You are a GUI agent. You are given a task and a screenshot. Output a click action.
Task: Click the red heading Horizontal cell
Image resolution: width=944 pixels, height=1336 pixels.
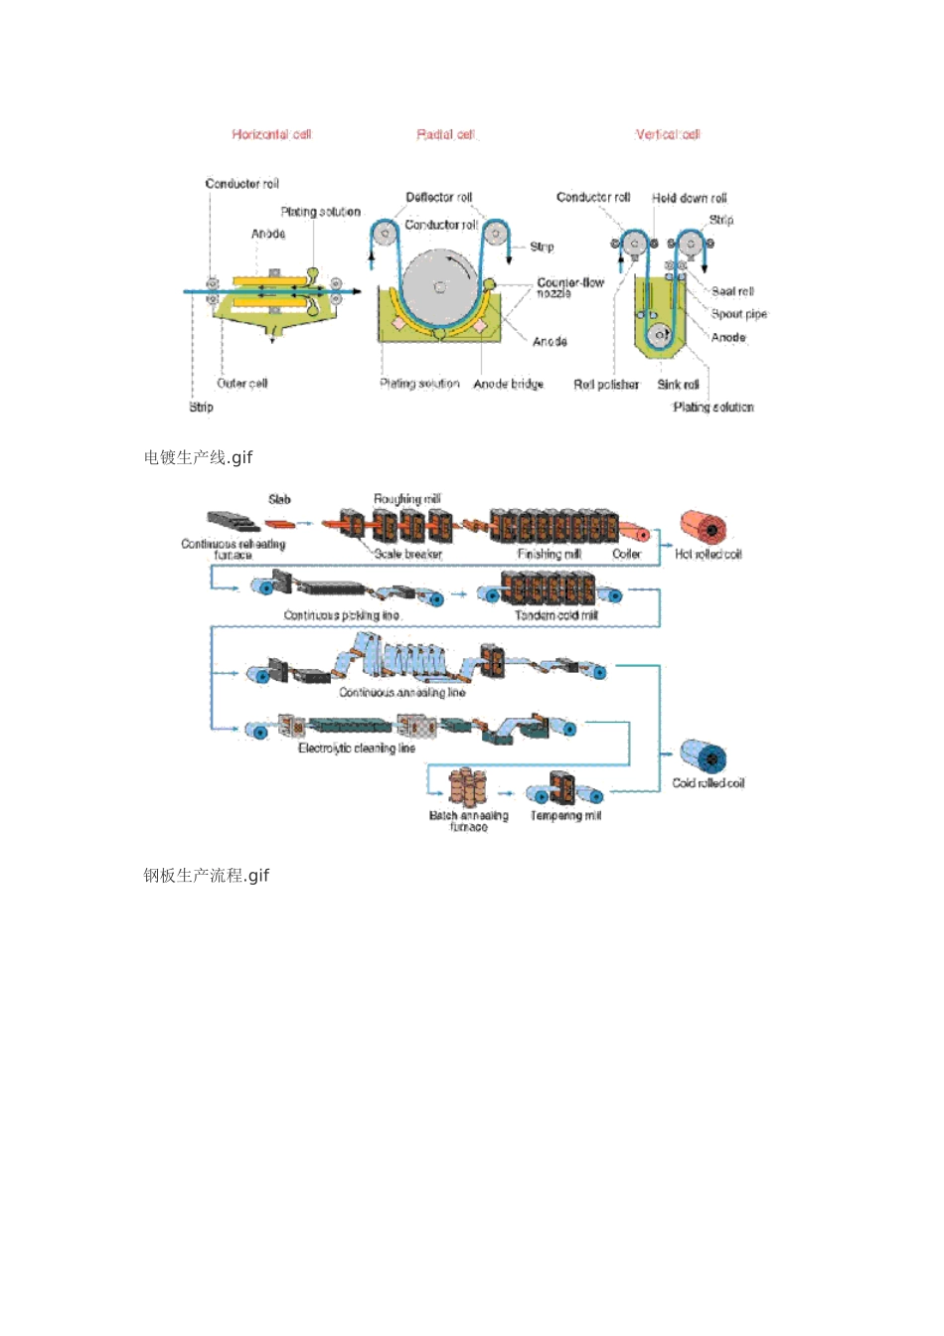click(271, 134)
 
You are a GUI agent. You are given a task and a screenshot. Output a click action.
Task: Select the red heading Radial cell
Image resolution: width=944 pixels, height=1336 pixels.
click(446, 134)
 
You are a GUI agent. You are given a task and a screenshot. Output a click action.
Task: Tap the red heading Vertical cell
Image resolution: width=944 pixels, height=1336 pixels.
click(668, 134)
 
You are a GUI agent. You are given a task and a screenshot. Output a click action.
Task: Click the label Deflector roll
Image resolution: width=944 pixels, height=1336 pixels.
click(438, 198)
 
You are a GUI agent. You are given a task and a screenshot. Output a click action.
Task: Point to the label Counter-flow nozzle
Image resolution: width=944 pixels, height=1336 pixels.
click(569, 287)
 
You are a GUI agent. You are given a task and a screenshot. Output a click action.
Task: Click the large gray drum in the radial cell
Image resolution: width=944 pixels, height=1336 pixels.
click(439, 287)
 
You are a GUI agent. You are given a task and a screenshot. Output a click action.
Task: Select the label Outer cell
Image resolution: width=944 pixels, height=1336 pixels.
click(241, 383)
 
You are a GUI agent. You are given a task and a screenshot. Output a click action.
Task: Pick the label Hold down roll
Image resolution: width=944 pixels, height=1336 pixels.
click(689, 198)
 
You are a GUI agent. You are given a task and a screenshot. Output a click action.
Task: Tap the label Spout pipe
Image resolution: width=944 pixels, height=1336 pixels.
click(738, 314)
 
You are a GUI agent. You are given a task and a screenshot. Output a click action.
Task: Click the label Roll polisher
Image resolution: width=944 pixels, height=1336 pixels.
click(606, 384)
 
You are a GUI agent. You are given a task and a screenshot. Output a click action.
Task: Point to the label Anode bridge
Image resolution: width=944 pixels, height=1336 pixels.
click(508, 384)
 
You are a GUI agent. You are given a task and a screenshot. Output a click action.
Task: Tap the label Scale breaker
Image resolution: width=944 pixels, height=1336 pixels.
click(407, 554)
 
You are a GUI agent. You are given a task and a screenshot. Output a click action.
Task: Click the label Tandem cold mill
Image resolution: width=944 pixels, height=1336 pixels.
click(555, 615)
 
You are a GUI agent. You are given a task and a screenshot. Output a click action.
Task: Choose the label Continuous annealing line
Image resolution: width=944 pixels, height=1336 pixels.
click(401, 692)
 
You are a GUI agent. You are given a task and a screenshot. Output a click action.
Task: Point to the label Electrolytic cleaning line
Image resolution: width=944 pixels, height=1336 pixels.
click(356, 748)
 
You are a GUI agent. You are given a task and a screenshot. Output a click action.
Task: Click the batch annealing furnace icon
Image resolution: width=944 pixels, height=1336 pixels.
click(467, 786)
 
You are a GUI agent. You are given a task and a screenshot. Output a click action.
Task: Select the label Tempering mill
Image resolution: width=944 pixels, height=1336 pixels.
click(565, 815)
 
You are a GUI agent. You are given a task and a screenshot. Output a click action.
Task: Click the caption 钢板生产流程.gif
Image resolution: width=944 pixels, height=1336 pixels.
click(206, 876)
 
